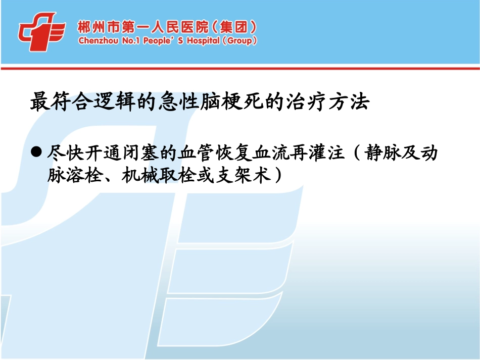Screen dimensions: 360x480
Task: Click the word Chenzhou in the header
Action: pyautogui.click(x=99, y=40)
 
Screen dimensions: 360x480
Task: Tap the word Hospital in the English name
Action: pyautogui.click(x=202, y=40)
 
